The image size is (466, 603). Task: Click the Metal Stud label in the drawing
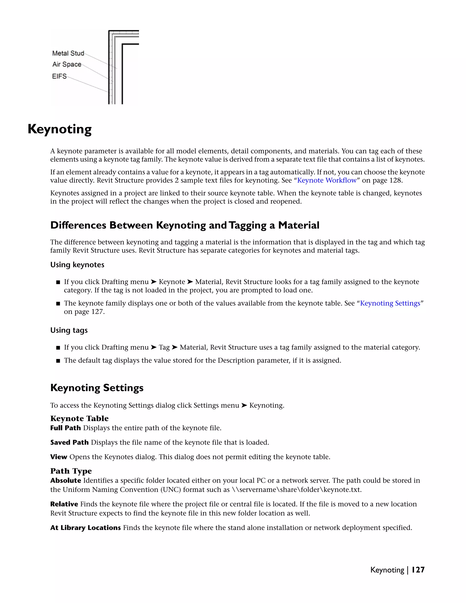click(68, 53)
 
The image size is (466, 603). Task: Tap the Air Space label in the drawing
click(67, 64)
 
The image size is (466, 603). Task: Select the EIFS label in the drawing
click(59, 76)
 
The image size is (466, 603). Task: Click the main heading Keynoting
click(60, 129)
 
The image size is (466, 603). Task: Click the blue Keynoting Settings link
click(390, 303)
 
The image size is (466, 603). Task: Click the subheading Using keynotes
click(77, 265)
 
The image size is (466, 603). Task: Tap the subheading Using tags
click(69, 330)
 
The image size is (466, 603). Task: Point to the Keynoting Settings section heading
click(97, 388)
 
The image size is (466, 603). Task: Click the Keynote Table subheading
click(79, 418)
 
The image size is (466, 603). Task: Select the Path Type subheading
click(71, 471)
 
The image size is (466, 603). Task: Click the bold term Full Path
click(66, 428)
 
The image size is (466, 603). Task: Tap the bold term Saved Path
click(69, 442)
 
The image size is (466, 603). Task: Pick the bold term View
click(58, 457)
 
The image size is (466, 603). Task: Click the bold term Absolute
click(66, 480)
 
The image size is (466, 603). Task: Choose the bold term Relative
click(64, 504)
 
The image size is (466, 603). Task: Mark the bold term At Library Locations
click(85, 528)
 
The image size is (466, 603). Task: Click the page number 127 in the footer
click(418, 570)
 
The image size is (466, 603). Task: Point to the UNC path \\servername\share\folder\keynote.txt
click(296, 490)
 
